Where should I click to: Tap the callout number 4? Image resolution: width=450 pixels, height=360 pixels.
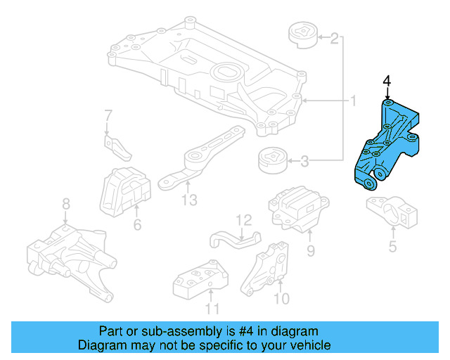point(386,83)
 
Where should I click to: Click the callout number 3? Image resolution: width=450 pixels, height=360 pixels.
point(304,162)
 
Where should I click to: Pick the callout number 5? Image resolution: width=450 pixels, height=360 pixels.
point(392,246)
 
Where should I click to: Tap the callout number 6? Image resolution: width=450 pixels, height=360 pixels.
point(137,225)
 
